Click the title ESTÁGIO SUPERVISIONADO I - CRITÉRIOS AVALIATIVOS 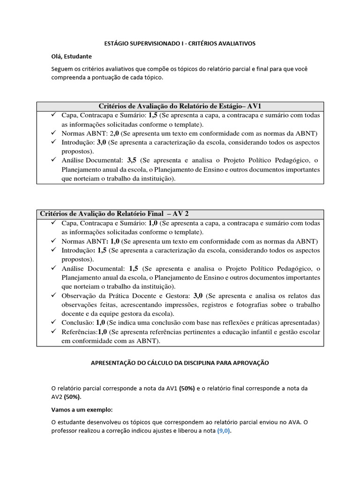tap(180, 43)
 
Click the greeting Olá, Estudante tap(72, 56)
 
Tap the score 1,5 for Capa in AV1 tap(153, 115)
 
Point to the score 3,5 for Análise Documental tap(132, 160)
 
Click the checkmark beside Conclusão tap(54, 322)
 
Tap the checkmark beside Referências tap(54, 331)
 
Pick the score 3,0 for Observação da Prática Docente tap(198, 296)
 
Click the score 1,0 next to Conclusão tap(101, 323)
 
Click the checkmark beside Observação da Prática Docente tap(54, 295)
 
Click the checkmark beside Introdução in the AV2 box tap(54, 250)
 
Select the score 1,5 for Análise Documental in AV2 tap(133, 269)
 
